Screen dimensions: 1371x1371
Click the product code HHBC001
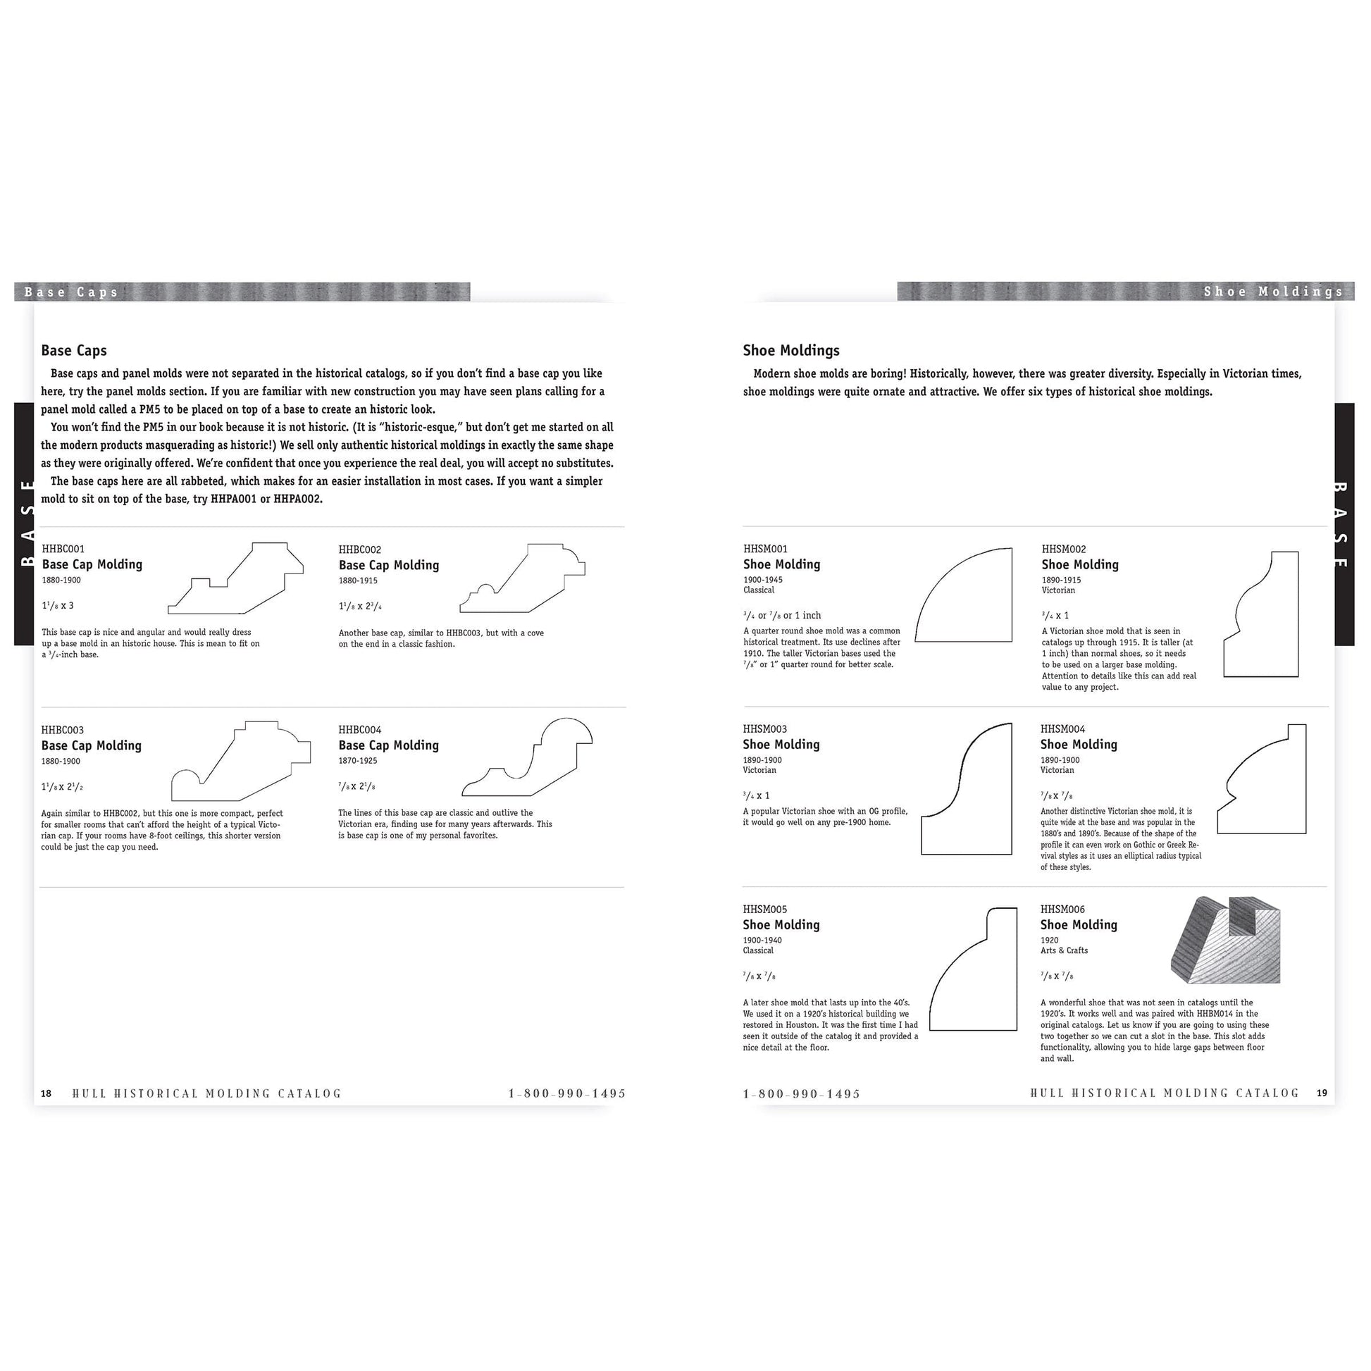[63, 549]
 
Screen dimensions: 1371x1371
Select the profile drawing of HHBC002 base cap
[523, 579]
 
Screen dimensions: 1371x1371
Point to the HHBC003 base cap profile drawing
[240, 762]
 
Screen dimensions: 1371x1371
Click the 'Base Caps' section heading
[74, 351]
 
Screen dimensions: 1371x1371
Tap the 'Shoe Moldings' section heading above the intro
[790, 351]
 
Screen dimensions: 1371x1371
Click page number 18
[46, 1093]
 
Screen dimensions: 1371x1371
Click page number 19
[1321, 1093]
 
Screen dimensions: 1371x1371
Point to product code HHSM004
[1062, 728]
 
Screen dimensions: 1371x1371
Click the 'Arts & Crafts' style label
[1064, 950]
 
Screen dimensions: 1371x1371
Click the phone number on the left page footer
[567, 1093]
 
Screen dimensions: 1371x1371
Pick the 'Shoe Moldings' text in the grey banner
[1273, 292]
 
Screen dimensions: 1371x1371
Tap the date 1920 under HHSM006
[1049, 941]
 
